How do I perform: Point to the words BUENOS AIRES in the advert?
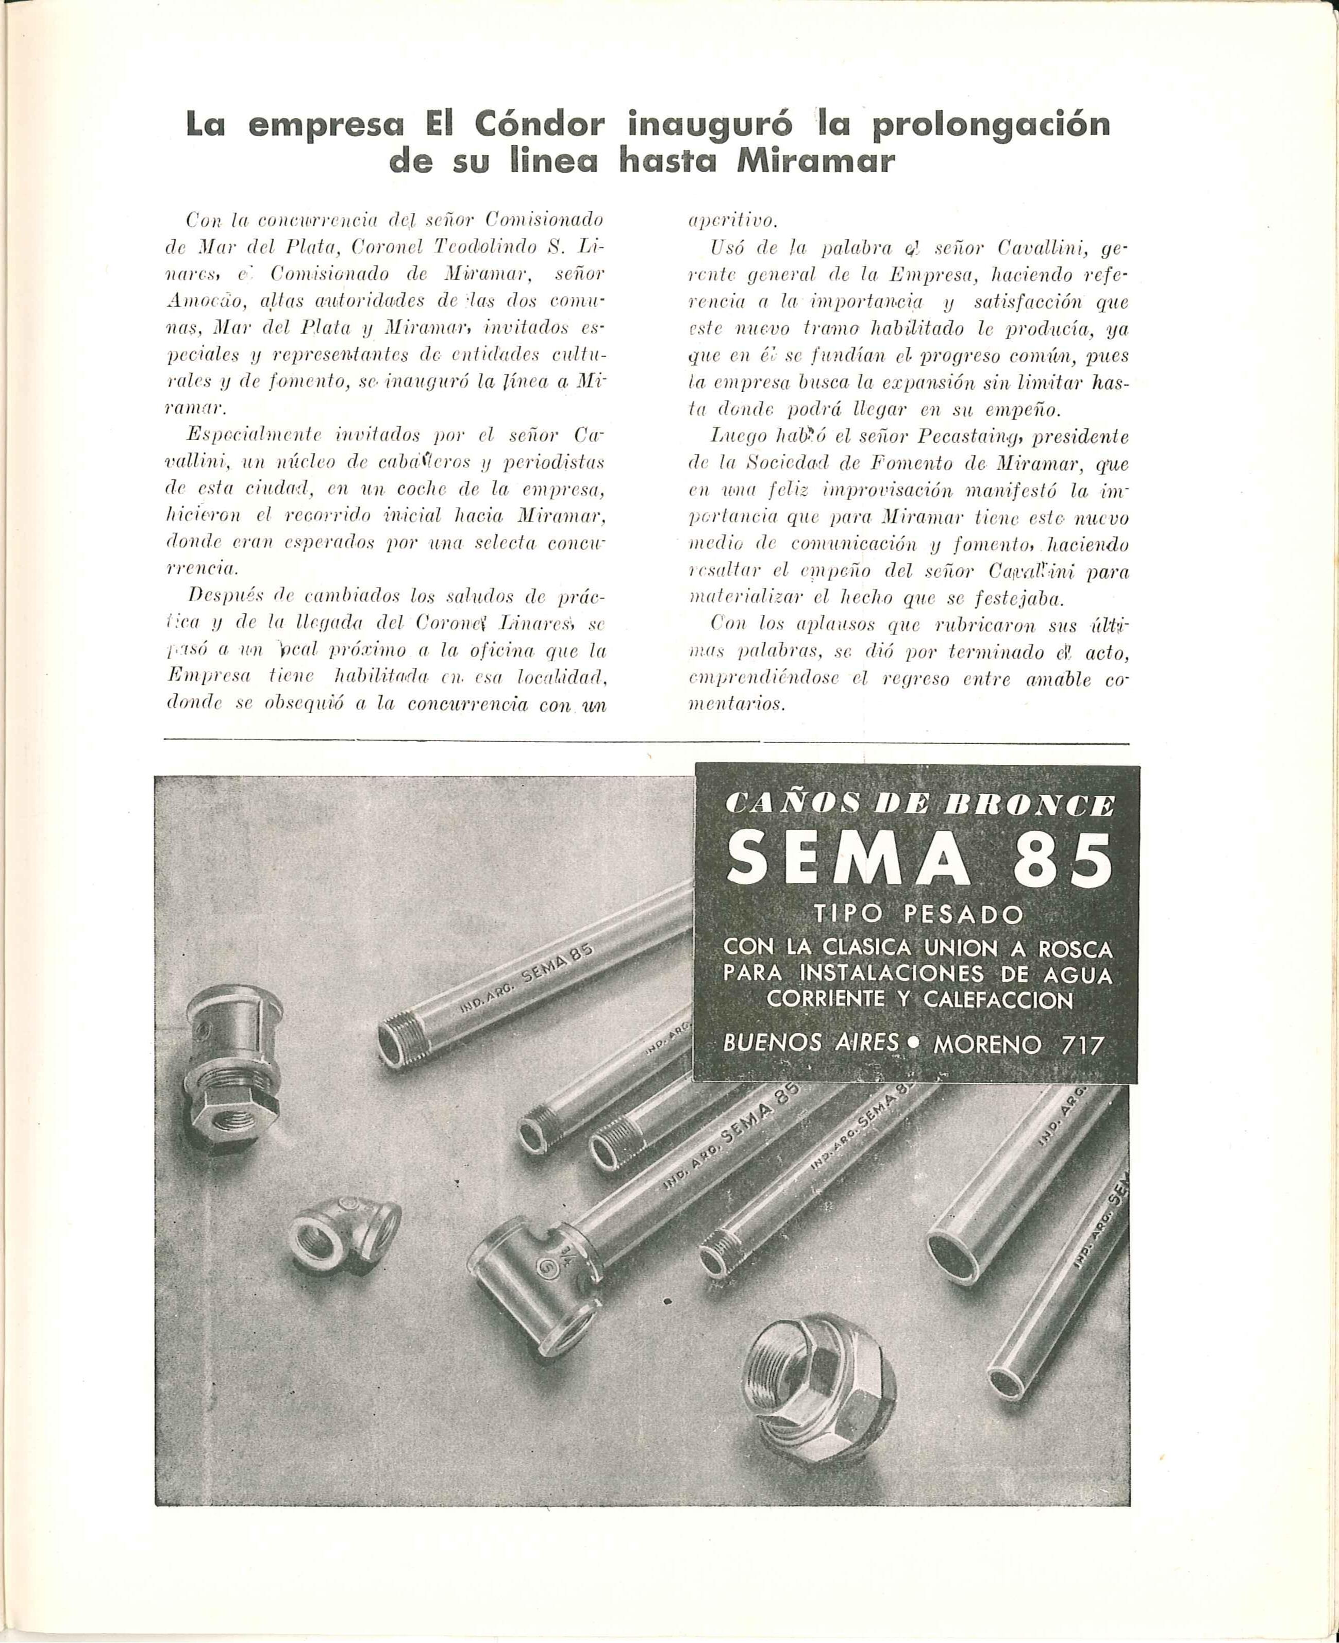click(811, 1044)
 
